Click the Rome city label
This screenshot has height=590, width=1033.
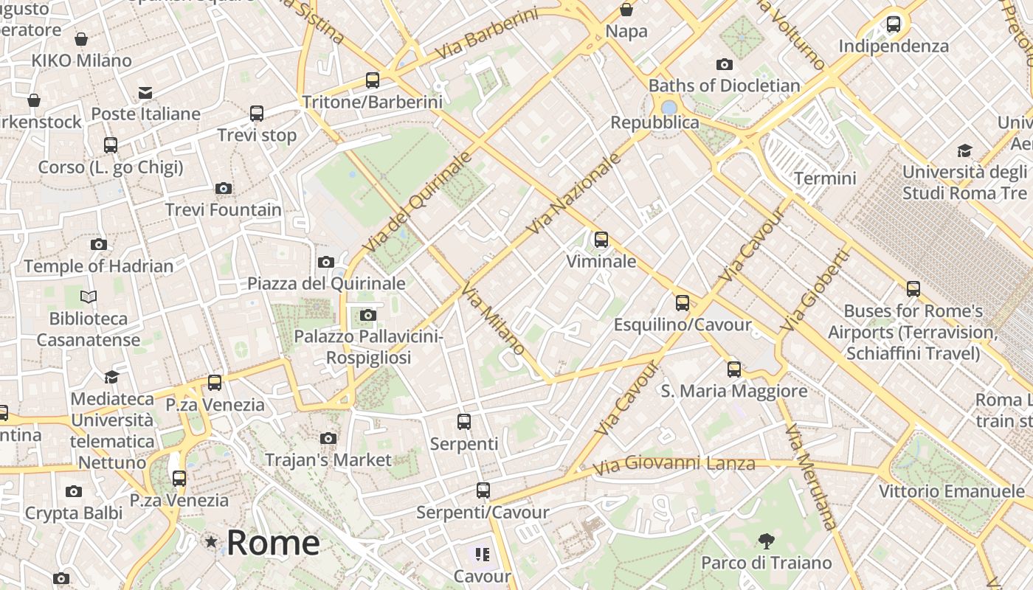(272, 543)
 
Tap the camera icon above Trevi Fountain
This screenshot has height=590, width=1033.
(224, 189)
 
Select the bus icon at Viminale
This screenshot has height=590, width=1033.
(601, 240)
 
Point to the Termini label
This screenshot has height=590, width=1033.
(825, 178)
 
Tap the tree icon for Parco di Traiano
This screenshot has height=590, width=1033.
(766, 541)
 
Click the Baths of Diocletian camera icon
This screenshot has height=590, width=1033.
(725, 65)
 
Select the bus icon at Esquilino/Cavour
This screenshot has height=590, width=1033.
(683, 303)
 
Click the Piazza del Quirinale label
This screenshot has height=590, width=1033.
(326, 283)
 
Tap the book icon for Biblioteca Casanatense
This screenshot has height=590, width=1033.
(89, 297)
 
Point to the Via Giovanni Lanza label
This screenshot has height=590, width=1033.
(674, 465)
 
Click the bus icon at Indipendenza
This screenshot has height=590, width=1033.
(894, 24)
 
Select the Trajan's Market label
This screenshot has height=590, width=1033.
(328, 460)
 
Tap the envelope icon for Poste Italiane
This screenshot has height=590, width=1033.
(145, 93)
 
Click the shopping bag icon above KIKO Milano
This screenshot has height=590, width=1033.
(81, 39)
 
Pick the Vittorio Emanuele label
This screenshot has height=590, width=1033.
(951, 491)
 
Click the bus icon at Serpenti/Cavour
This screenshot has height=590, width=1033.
(483, 490)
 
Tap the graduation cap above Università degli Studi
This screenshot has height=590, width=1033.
(964, 151)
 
